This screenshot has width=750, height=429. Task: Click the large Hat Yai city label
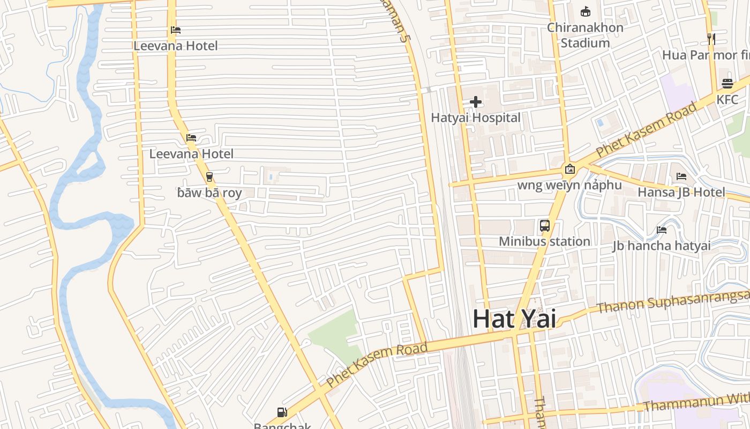coord(514,319)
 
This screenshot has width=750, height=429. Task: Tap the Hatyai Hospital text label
coord(476,117)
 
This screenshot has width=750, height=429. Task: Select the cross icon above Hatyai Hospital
coord(476,102)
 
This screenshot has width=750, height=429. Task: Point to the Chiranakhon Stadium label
coord(585,35)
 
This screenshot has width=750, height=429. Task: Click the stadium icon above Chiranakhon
coord(586,11)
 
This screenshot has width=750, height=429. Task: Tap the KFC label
coord(727,99)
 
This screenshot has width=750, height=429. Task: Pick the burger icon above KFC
coord(727,84)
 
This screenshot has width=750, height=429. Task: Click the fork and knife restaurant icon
coord(711,39)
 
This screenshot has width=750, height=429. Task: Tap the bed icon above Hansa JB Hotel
coord(681,176)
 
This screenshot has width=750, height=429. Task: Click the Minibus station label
coord(544,241)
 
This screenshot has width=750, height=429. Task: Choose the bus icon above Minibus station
coord(545,226)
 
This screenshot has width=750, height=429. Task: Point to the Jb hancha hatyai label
coord(661,246)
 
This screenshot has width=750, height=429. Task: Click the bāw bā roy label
coord(209,193)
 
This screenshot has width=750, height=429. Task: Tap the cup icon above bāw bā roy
coord(209,176)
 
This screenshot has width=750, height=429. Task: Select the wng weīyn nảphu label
coord(569,185)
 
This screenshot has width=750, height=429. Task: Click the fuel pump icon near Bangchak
coord(282,412)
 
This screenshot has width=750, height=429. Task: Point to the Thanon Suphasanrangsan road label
coord(672,302)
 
